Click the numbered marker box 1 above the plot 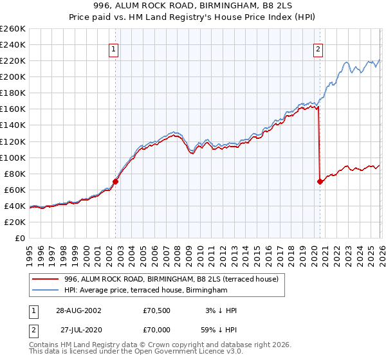[x=114, y=48]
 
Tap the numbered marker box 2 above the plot [x=318, y=48]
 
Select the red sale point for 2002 [x=116, y=181]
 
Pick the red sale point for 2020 [x=320, y=182]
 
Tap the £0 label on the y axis [x=19, y=238]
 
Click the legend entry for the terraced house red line [x=171, y=279]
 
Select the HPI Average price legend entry [x=146, y=291]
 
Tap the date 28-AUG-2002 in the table [x=78, y=310]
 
